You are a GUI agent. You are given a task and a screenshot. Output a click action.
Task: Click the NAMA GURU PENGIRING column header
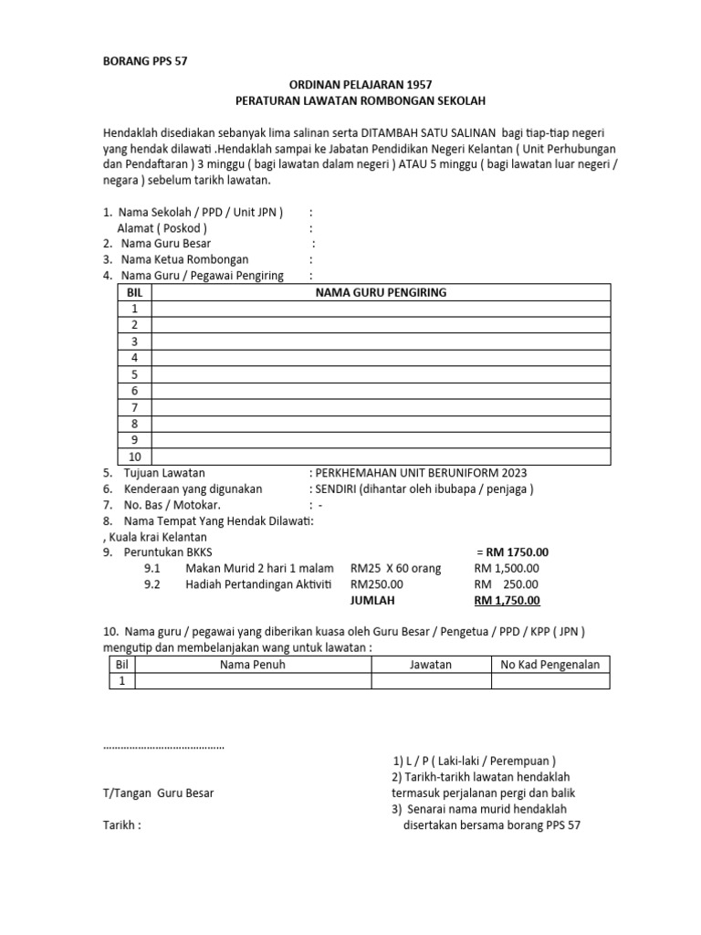[381, 292]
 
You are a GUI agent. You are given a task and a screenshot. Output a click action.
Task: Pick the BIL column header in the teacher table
[134, 292]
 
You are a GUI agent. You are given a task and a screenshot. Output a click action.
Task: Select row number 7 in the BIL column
[134, 407]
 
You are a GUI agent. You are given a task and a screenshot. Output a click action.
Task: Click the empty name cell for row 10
[381, 457]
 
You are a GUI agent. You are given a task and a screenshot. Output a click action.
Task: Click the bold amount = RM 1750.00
[512, 552]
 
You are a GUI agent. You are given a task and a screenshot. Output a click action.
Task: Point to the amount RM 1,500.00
[507, 568]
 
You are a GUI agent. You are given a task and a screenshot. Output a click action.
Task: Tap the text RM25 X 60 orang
[395, 568]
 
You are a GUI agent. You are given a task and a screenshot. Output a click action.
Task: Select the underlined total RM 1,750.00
[507, 600]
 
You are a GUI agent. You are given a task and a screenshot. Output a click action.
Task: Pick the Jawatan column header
[430, 665]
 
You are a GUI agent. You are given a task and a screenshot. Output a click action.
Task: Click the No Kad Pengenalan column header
[550, 665]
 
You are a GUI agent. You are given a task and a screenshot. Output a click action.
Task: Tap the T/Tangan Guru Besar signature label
[158, 793]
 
